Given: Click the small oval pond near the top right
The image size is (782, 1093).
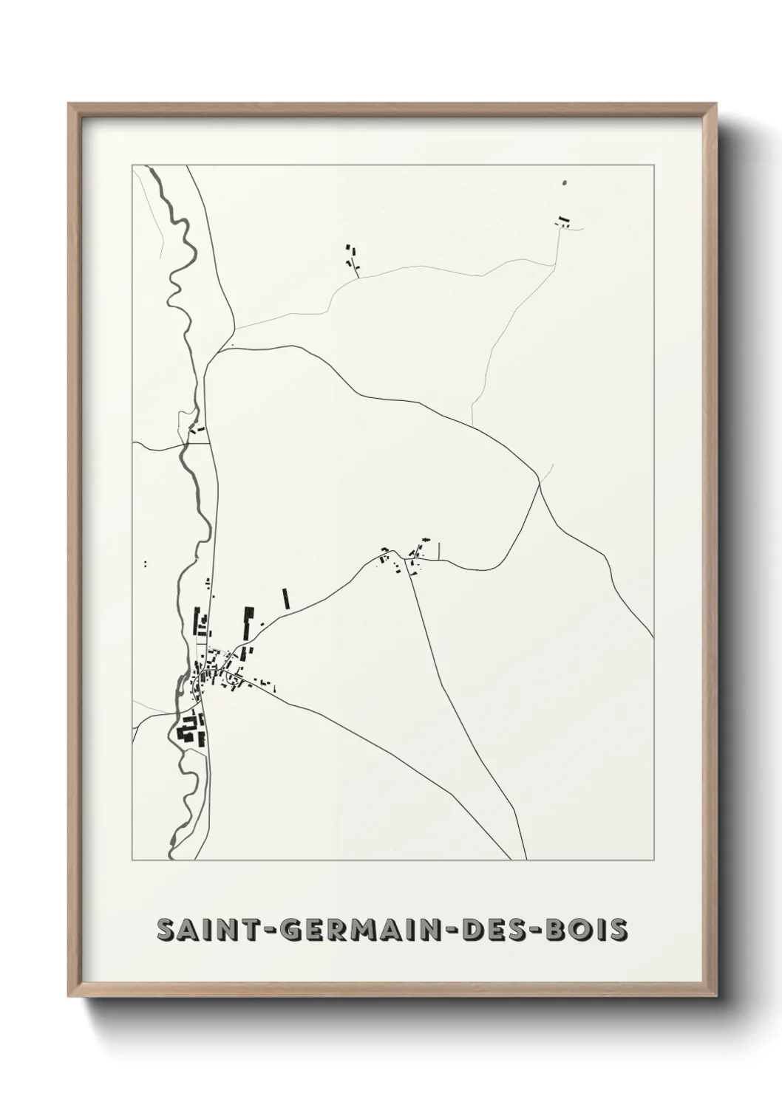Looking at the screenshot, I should click(x=565, y=182).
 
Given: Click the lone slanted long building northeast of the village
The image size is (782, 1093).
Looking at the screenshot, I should click(x=285, y=597).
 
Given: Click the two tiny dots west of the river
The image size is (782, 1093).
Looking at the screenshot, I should click(x=146, y=563).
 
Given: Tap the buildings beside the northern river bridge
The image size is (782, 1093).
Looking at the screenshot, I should click(x=197, y=428).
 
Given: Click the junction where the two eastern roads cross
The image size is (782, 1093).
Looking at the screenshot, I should click(x=540, y=484).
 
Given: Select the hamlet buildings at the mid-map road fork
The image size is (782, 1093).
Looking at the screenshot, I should click(x=404, y=558).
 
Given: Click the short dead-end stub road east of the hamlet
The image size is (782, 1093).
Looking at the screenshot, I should click(x=438, y=550).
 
